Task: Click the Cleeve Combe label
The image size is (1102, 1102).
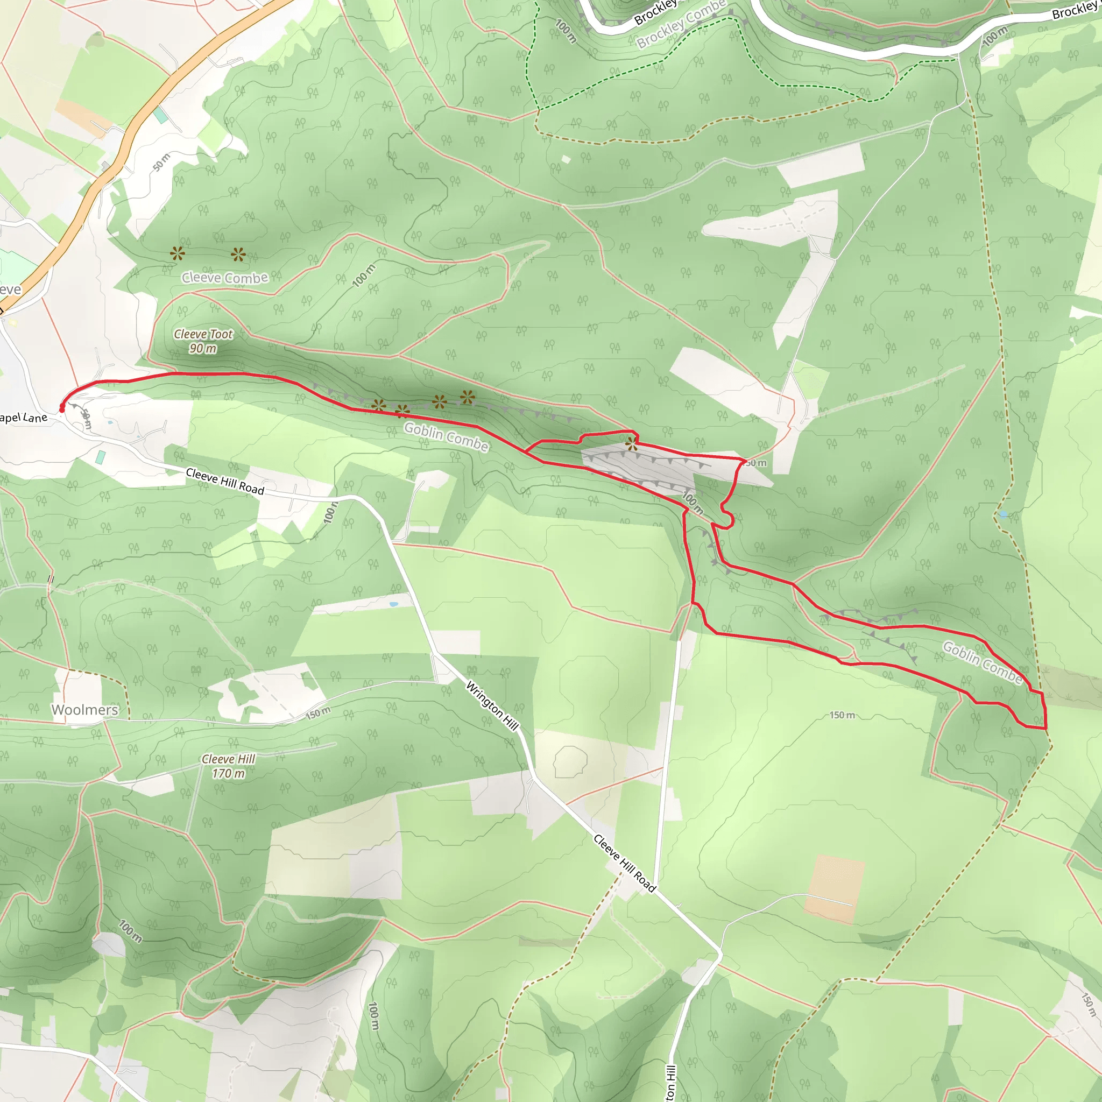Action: point(225,278)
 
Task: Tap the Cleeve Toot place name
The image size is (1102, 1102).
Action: point(203,334)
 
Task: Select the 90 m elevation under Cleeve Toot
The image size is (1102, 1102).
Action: point(203,349)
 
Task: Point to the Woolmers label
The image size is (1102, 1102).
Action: point(85,710)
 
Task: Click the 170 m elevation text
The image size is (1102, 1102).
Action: point(228,773)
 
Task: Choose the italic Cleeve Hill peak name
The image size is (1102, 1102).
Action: point(228,759)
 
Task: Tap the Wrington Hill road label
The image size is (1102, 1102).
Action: point(492,705)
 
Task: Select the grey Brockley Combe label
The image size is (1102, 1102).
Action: point(681,25)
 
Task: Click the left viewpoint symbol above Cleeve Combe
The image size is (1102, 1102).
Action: point(178,253)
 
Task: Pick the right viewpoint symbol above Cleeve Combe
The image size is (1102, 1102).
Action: point(238,255)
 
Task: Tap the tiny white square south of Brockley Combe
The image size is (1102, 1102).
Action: point(566,160)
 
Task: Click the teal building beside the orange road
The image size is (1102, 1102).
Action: point(161,115)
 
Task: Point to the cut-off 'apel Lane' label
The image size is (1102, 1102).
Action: point(23,418)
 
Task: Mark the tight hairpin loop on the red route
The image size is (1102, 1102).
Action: point(727,520)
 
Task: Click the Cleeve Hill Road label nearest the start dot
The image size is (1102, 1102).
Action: point(225,482)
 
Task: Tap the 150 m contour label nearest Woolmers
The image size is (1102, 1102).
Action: point(317,712)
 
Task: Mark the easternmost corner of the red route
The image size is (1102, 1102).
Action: point(1046,729)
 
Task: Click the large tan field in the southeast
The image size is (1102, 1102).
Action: point(835,887)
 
